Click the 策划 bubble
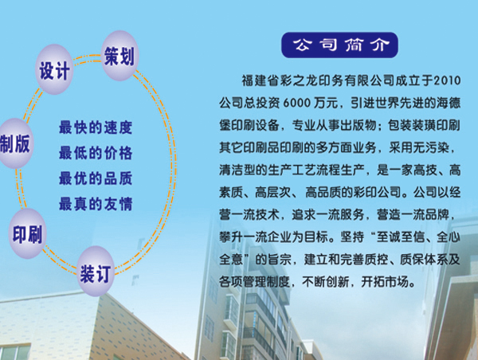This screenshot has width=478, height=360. tap(119, 56)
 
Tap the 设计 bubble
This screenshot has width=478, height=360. tap(54, 69)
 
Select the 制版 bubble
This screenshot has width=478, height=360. tap(14, 143)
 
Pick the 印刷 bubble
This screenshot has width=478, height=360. tap(27, 234)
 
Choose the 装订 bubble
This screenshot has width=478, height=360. tap(96, 272)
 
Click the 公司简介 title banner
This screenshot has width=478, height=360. tap(339, 45)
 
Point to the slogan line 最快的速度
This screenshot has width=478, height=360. tap(96, 127)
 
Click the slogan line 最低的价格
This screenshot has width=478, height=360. tap(96, 153)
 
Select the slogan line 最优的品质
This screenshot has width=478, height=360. tap(96, 178)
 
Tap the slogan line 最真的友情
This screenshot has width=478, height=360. tap(96, 204)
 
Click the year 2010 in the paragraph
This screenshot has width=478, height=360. tap(447, 80)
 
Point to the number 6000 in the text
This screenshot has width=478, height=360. tap(296, 104)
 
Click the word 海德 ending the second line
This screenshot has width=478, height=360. tap(449, 103)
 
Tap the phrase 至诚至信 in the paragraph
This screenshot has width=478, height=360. tap(401, 237)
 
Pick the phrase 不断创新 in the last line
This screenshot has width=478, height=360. tap(326, 282)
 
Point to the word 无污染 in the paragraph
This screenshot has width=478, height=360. tap(431, 148)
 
